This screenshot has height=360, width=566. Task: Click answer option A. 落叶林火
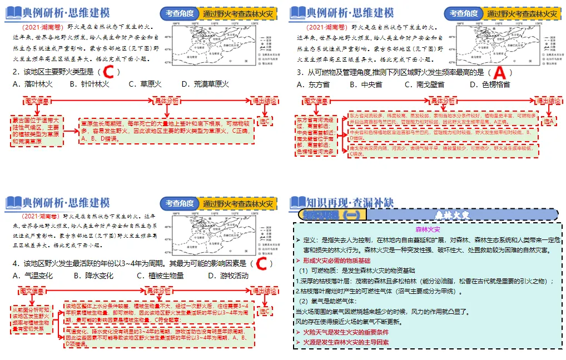(x=32, y=84)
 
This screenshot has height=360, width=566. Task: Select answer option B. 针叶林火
(x=90, y=84)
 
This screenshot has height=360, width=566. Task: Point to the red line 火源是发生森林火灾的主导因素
(x=345, y=342)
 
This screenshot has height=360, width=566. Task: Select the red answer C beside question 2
(x=110, y=72)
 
